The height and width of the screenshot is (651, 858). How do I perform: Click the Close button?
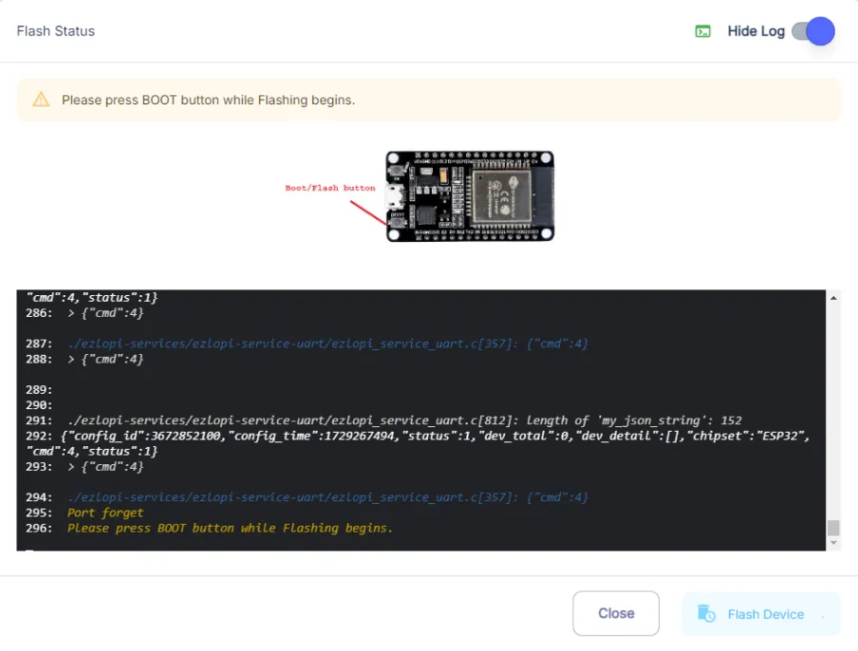(x=616, y=613)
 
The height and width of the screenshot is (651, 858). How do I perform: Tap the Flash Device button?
(x=760, y=614)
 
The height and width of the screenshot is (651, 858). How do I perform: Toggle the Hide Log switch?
(x=813, y=31)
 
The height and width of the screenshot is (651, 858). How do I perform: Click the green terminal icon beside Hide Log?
(x=702, y=31)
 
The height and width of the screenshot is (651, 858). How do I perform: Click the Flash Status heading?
(x=56, y=31)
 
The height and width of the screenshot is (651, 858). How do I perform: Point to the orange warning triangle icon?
(x=41, y=100)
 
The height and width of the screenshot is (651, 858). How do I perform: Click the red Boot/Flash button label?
(x=330, y=188)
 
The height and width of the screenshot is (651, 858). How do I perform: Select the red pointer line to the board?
(x=368, y=213)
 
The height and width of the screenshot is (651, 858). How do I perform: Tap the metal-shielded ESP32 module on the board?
(x=502, y=198)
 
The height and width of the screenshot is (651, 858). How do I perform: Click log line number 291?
(x=39, y=420)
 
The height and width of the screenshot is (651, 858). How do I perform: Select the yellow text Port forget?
(x=105, y=513)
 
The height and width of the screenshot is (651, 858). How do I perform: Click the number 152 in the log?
(x=731, y=420)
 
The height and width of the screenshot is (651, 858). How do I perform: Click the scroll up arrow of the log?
(x=833, y=298)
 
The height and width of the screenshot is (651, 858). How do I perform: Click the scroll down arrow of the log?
(x=833, y=543)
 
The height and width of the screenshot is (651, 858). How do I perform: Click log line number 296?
(x=39, y=529)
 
